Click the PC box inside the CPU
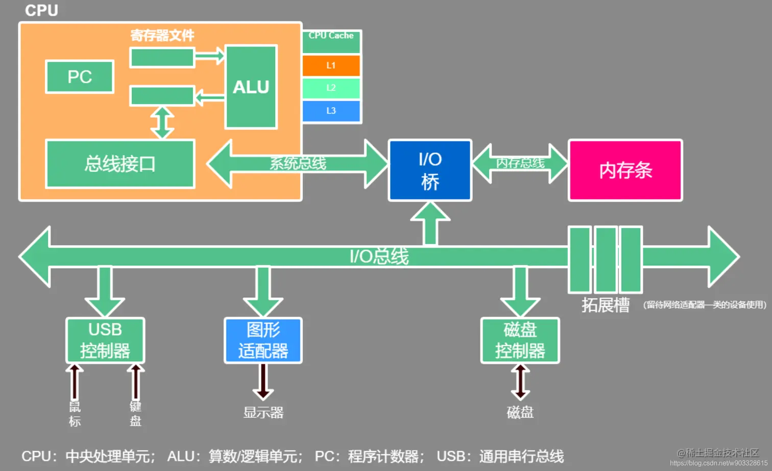tap(80, 77)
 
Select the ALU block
tap(251, 87)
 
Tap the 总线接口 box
tap(120, 164)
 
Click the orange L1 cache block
tap(331, 65)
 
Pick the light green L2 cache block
tap(331, 88)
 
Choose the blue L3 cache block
tap(331, 111)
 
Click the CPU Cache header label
tap(331, 36)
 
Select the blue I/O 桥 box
tap(430, 170)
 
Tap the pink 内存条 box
tap(625, 170)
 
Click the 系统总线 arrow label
tap(298, 163)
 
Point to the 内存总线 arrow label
tap(520, 163)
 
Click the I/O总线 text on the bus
tap(379, 256)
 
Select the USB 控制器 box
tap(105, 340)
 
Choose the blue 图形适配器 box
tap(263, 340)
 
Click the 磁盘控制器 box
tap(520, 340)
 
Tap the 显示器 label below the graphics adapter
tap(263, 412)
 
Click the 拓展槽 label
tap(605, 305)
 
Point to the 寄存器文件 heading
tap(162, 35)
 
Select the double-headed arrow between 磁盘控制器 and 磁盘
tap(520, 382)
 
